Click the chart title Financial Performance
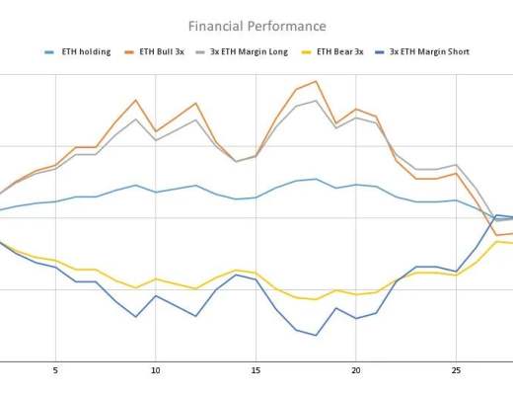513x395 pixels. tap(256, 26)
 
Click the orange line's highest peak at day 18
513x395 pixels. tap(316, 81)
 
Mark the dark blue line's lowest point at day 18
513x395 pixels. tap(316, 335)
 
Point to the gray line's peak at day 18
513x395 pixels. tap(316, 100)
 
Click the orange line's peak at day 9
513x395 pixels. tap(135, 100)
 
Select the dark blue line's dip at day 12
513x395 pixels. tap(195, 316)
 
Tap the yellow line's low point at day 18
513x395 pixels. tap(316, 299)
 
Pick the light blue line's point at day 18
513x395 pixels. tap(316, 179)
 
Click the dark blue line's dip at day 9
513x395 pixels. tap(135, 316)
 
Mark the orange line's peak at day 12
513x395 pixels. tap(195, 103)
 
